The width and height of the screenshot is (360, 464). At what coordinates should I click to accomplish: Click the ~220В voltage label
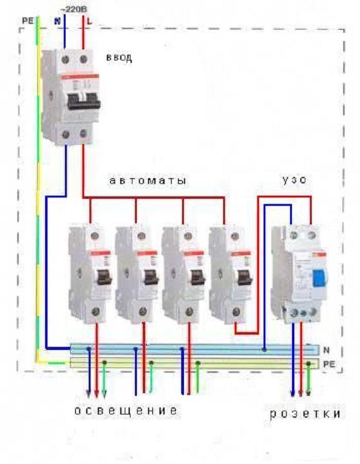(x=73, y=10)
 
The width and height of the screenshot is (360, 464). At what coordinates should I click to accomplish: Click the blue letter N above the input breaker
(x=57, y=21)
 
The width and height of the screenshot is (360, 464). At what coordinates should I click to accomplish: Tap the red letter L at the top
(x=89, y=21)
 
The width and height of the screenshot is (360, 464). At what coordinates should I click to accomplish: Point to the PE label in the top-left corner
(x=28, y=21)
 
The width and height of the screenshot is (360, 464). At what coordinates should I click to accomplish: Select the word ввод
(x=119, y=57)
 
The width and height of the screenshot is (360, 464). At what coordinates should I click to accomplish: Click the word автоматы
(x=148, y=180)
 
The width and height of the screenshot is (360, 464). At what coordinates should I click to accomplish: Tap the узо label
(x=294, y=180)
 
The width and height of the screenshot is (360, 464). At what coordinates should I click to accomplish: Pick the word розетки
(x=305, y=414)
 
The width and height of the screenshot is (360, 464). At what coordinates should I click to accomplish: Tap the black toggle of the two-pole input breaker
(x=84, y=102)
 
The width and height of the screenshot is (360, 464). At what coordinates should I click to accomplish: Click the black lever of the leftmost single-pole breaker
(x=104, y=277)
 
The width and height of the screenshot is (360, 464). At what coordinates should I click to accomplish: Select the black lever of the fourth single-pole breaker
(x=245, y=277)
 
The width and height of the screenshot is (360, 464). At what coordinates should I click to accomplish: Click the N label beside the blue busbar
(x=327, y=350)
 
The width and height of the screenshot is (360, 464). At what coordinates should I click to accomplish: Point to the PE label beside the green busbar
(x=329, y=364)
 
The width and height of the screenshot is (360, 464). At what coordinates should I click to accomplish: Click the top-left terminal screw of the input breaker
(x=65, y=59)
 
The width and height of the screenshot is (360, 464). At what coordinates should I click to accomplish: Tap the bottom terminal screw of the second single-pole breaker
(x=143, y=311)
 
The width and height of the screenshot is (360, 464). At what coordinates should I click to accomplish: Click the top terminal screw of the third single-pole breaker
(x=188, y=236)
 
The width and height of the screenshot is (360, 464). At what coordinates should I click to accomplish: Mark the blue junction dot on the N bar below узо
(x=264, y=350)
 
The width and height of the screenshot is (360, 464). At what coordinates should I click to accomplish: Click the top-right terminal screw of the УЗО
(x=311, y=236)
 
